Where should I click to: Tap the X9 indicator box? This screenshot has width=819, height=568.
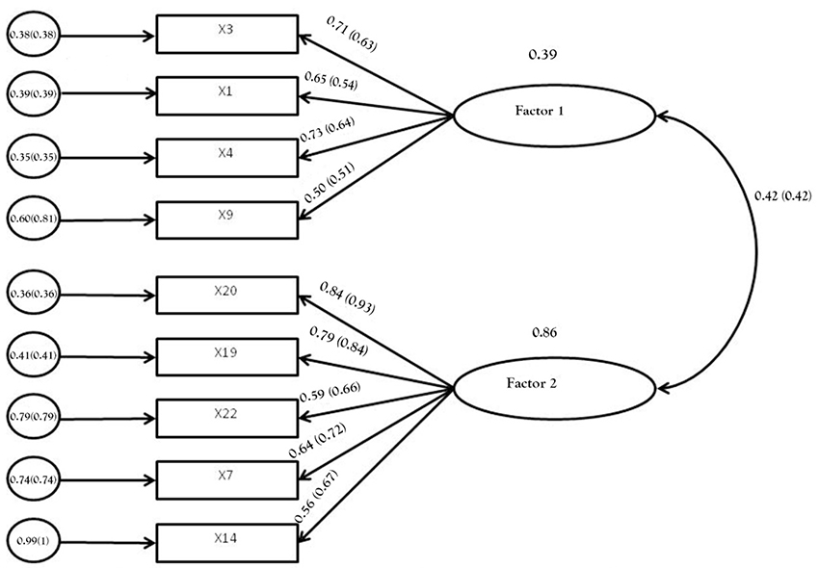click(x=225, y=219)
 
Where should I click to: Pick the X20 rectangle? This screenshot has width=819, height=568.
click(x=225, y=294)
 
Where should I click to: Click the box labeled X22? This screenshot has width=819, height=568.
click(x=225, y=417)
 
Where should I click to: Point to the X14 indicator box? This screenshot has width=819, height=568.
click(x=225, y=540)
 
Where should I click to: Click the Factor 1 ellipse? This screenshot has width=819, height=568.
click(x=553, y=115)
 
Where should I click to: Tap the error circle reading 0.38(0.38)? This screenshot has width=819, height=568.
click(x=33, y=37)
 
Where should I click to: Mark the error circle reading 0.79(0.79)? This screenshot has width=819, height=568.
click(x=33, y=417)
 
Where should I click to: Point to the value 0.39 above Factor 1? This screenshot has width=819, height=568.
click(x=542, y=55)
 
